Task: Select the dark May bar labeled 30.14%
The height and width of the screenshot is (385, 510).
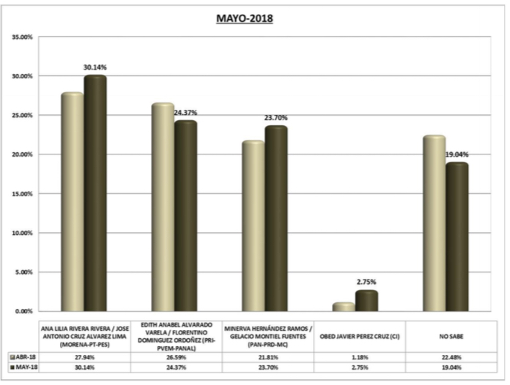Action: pos(95,194)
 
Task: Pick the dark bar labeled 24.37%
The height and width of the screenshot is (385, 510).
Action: pos(185,216)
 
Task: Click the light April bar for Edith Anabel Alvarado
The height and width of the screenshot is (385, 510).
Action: pos(163,208)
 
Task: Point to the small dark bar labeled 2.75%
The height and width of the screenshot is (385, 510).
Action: pos(367,301)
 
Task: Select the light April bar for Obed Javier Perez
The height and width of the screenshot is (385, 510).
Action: pos(344,307)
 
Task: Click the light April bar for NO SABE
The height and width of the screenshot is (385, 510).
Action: pos(435,224)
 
